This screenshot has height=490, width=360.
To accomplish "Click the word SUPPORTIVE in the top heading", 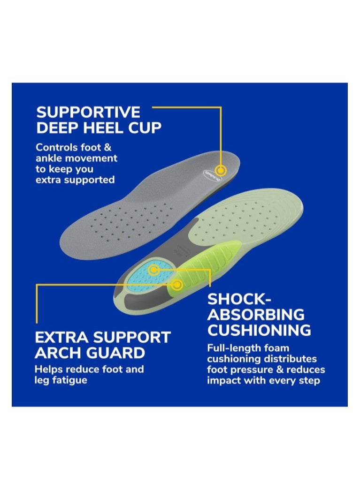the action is (x=88, y=112).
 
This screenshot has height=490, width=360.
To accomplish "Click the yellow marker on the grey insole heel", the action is (x=221, y=171).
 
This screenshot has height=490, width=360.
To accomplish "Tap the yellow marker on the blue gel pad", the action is (x=153, y=269).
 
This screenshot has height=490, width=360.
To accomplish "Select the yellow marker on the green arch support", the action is (x=177, y=284).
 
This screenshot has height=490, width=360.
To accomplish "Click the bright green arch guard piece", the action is (x=203, y=268).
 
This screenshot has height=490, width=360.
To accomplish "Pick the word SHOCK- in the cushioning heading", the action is (x=238, y=299).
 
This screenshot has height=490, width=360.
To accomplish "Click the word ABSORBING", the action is (x=256, y=314).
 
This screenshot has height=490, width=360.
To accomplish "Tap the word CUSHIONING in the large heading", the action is (x=259, y=330).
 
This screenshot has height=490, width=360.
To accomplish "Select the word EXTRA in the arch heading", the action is (x=61, y=338).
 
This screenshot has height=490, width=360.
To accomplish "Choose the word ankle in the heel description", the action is (x=49, y=158).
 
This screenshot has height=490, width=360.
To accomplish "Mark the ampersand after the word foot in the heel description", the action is (x=107, y=147).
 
